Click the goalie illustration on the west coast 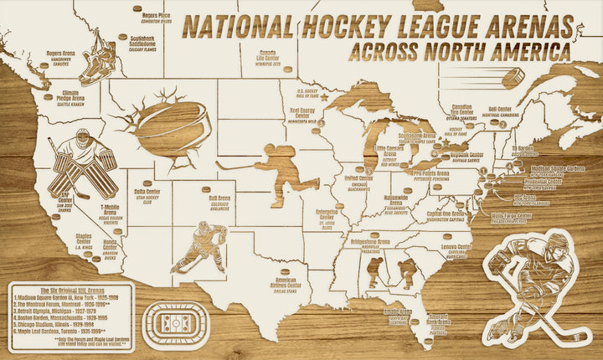pos(80,163)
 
